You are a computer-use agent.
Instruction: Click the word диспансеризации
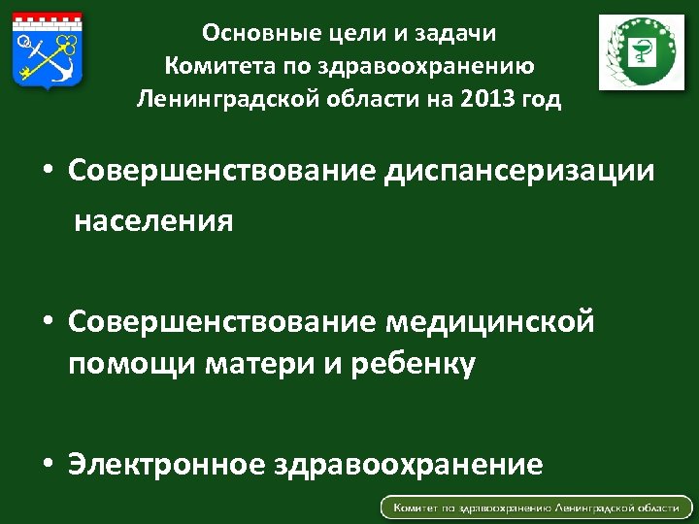520,171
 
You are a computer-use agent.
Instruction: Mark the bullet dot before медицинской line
48,321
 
